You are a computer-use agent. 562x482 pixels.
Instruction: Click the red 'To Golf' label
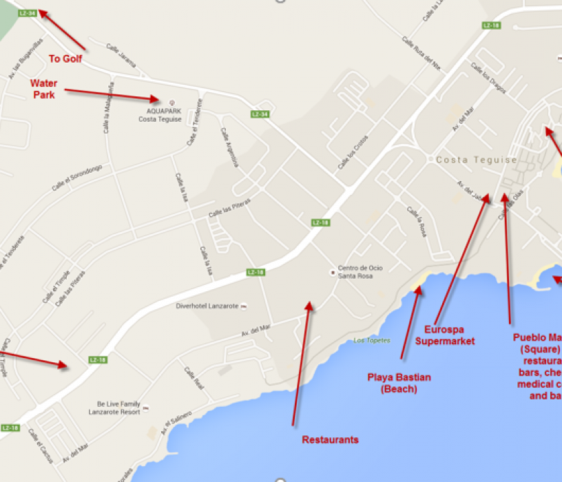65,59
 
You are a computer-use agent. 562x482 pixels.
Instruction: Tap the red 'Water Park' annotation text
44,89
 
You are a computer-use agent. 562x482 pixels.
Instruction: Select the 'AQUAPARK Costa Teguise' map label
160,114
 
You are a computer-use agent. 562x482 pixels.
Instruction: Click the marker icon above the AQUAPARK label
163,102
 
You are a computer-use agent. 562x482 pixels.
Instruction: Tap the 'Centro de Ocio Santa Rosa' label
360,272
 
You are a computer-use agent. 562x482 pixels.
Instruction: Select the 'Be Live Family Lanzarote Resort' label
118,408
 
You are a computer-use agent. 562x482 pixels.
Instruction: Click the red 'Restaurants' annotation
331,439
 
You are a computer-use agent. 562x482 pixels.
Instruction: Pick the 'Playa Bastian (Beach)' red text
399,383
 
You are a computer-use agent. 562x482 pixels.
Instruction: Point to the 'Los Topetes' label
372,341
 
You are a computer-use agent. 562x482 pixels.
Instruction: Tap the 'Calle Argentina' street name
229,147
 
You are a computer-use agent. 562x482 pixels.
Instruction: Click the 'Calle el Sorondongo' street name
76,178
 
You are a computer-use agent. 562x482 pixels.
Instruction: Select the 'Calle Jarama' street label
121,52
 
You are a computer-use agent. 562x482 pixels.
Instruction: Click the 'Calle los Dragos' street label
488,78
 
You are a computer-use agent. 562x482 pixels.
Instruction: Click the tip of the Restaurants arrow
311,302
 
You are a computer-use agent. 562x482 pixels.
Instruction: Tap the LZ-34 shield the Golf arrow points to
28,13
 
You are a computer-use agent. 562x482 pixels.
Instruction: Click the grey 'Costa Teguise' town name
476,160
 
